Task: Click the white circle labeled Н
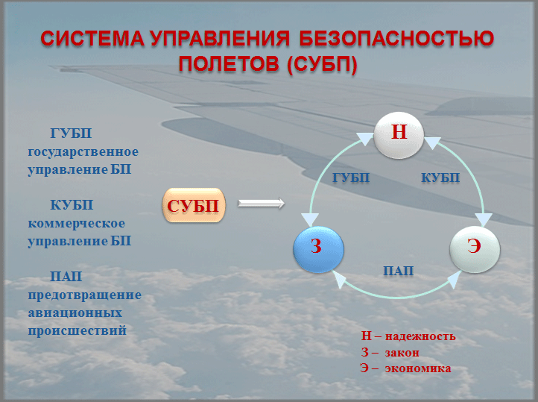399,135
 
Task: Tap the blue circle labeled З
318,250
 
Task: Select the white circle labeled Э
475,250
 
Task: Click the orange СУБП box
194,205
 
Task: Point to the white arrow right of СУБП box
261,204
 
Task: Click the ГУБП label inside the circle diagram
351,178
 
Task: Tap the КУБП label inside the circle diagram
440,178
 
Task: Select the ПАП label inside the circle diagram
398,271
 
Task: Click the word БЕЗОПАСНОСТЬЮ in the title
396,38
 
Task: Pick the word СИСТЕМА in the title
92,38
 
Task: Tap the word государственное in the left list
83,151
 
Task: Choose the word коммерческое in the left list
77,223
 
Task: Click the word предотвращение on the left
84,295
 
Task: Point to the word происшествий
77,330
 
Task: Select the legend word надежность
420,336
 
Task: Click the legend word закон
402,353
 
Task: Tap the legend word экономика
418,368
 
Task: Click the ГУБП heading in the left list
71,134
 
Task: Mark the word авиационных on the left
75,313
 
